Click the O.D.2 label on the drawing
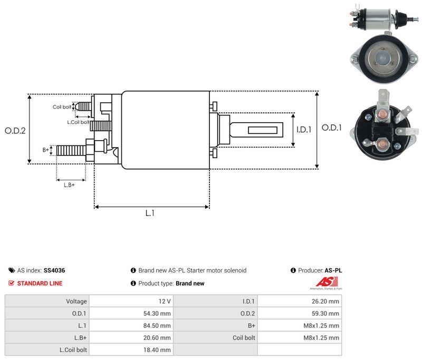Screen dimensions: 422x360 tap(15, 131)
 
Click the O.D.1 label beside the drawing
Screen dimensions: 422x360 tap(332, 128)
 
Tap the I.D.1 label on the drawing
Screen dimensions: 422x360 tap(304, 130)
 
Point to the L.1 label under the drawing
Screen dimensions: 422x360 tap(150, 213)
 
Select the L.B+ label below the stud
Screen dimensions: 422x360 tap(69, 185)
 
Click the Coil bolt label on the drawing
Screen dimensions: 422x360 tap(62, 107)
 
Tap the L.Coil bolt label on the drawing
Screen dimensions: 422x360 tap(78, 122)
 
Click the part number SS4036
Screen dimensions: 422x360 tap(54, 270)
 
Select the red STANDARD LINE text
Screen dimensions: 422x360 tap(40, 284)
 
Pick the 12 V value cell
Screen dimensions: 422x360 tap(131, 301)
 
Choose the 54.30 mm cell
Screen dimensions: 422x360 tap(131, 314)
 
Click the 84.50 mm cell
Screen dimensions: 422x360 tap(131, 326)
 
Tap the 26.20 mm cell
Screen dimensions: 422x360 tap(300, 301)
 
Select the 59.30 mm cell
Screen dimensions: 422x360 tap(300, 314)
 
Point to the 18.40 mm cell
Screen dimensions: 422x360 tap(131, 350)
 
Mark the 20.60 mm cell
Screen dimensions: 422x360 tap(131, 338)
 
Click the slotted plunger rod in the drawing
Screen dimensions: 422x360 tap(256, 130)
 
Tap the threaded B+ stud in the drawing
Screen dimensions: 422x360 tap(71, 150)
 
